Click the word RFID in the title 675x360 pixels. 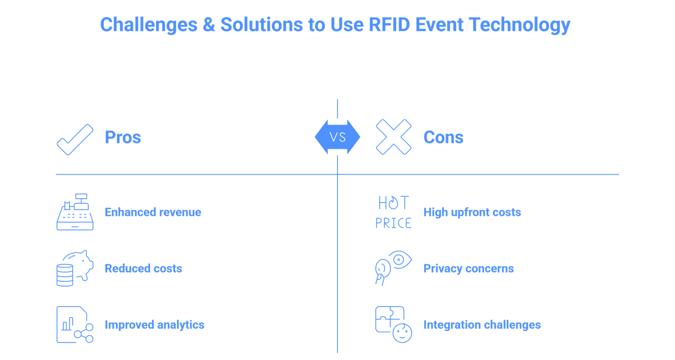[389, 24]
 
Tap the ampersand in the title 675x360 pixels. [208, 24]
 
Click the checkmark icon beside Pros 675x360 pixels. [75, 139]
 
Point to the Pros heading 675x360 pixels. [123, 138]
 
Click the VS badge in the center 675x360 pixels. [337, 137]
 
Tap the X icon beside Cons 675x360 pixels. [394, 137]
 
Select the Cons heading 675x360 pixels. [443, 138]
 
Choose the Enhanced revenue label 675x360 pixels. [153, 212]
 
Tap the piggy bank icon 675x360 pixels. [75, 268]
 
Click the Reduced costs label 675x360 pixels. [143, 268]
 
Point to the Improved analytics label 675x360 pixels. [154, 325]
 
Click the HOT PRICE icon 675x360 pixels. [394, 212]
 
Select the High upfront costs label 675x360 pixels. [472, 212]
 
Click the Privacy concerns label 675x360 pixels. [468, 268]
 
